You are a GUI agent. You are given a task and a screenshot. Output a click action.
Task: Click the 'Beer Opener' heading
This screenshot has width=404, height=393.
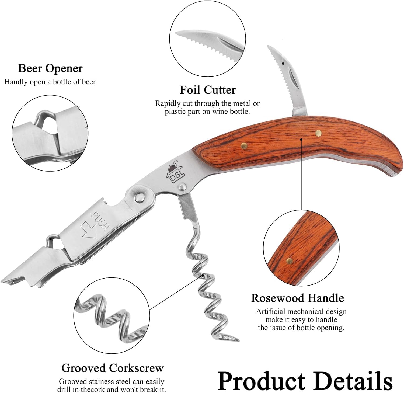(50, 68)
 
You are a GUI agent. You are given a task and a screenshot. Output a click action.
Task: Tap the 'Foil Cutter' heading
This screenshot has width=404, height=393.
(208, 90)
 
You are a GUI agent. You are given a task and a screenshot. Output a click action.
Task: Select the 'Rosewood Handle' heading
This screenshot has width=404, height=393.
(298, 298)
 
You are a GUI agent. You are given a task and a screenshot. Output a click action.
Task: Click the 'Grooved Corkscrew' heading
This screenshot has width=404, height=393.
(113, 368)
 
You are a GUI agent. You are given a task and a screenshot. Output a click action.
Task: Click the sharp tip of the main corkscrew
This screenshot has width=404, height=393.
(238, 340)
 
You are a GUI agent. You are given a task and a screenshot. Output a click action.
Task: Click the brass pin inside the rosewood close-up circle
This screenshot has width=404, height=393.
(290, 260)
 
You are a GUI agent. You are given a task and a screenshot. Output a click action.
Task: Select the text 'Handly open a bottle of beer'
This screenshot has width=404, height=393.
(50, 82)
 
